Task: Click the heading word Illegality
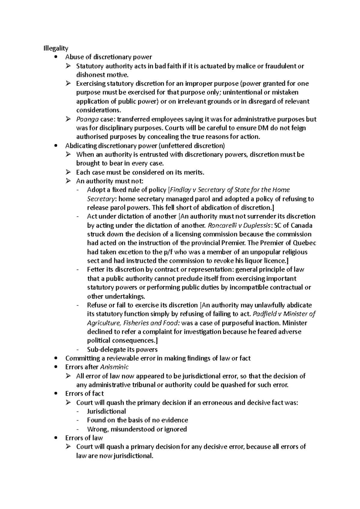(56, 48)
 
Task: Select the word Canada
(302, 225)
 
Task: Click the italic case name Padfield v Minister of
(284, 314)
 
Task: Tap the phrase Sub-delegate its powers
(122, 350)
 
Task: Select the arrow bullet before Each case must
(68, 172)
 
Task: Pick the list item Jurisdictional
(106, 411)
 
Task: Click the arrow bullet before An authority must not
(68, 181)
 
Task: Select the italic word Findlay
(181, 190)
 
